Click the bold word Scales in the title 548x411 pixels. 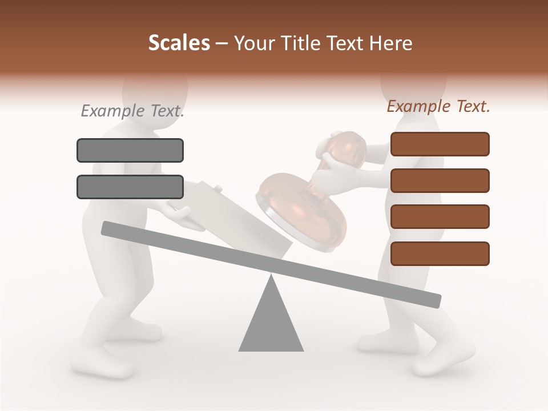[x=179, y=43]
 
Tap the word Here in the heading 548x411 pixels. [x=391, y=43]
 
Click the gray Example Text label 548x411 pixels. [x=132, y=111]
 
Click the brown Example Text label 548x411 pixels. [x=438, y=106]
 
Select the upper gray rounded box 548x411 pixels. [x=130, y=150]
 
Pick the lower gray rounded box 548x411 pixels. [x=130, y=187]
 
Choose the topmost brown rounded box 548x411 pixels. [x=440, y=144]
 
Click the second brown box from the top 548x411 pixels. [x=440, y=180]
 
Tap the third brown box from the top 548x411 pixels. [x=440, y=217]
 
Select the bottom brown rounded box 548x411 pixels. [x=440, y=253]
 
